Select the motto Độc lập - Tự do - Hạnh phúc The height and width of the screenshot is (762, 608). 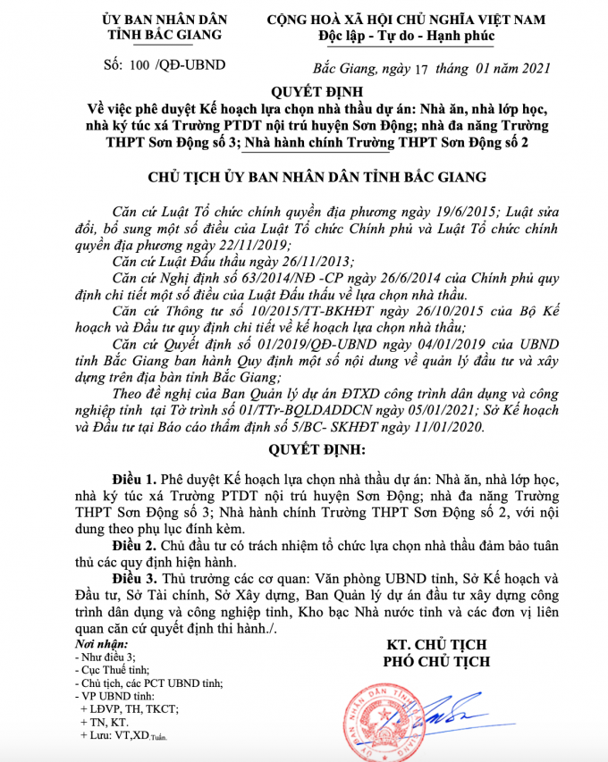point(406,36)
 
